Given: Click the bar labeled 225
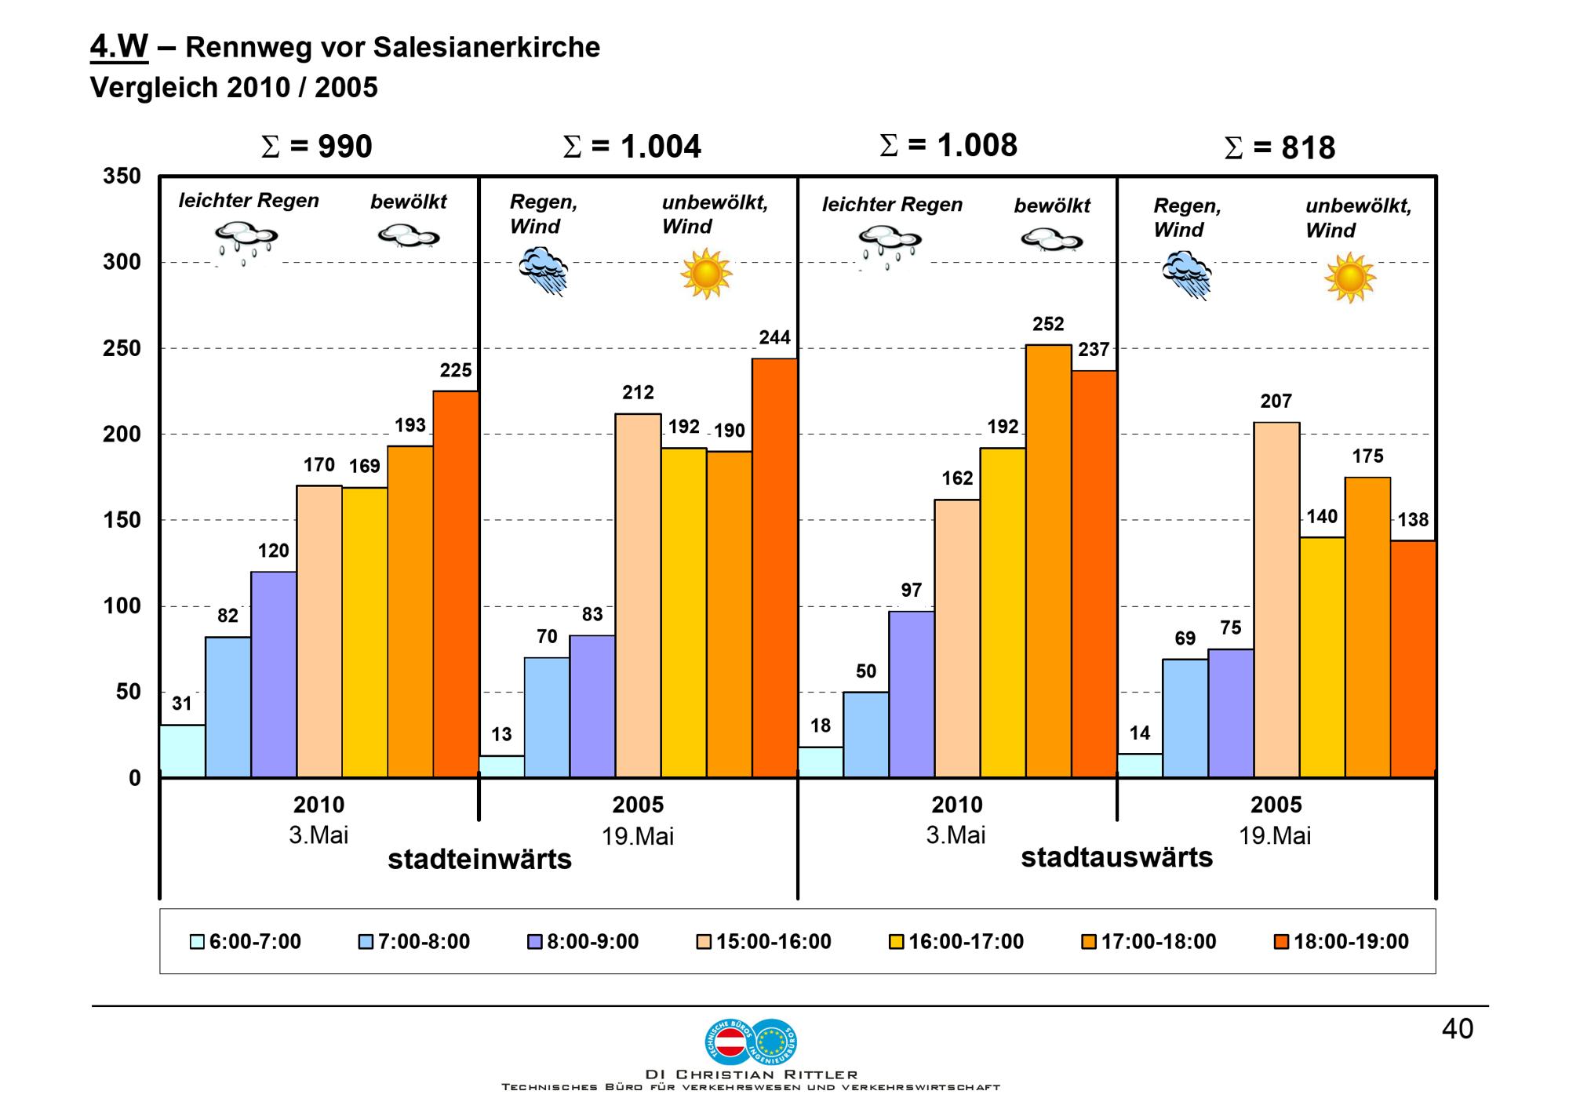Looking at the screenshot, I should [456, 584].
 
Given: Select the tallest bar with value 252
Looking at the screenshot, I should [1048, 561].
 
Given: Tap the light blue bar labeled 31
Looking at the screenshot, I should [182, 751].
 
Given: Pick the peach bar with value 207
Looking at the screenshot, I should [1276, 599].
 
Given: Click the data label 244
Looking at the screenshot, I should [774, 338].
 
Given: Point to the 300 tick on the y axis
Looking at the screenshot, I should [122, 263].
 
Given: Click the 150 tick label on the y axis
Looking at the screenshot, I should [122, 521].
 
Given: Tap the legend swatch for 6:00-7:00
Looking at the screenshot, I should [197, 942].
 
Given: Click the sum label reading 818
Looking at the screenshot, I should [1280, 148].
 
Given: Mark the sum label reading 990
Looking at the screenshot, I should [317, 147].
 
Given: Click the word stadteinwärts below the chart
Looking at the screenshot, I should [479, 860].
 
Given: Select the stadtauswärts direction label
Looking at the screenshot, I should [1116, 857].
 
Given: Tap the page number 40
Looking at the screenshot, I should [1457, 1029].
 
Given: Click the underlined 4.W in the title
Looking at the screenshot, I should [118, 47].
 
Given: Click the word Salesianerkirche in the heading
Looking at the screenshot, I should [486, 48].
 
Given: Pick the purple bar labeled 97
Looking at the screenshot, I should [912, 694].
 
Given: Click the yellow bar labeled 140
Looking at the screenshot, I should [1322, 656].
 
